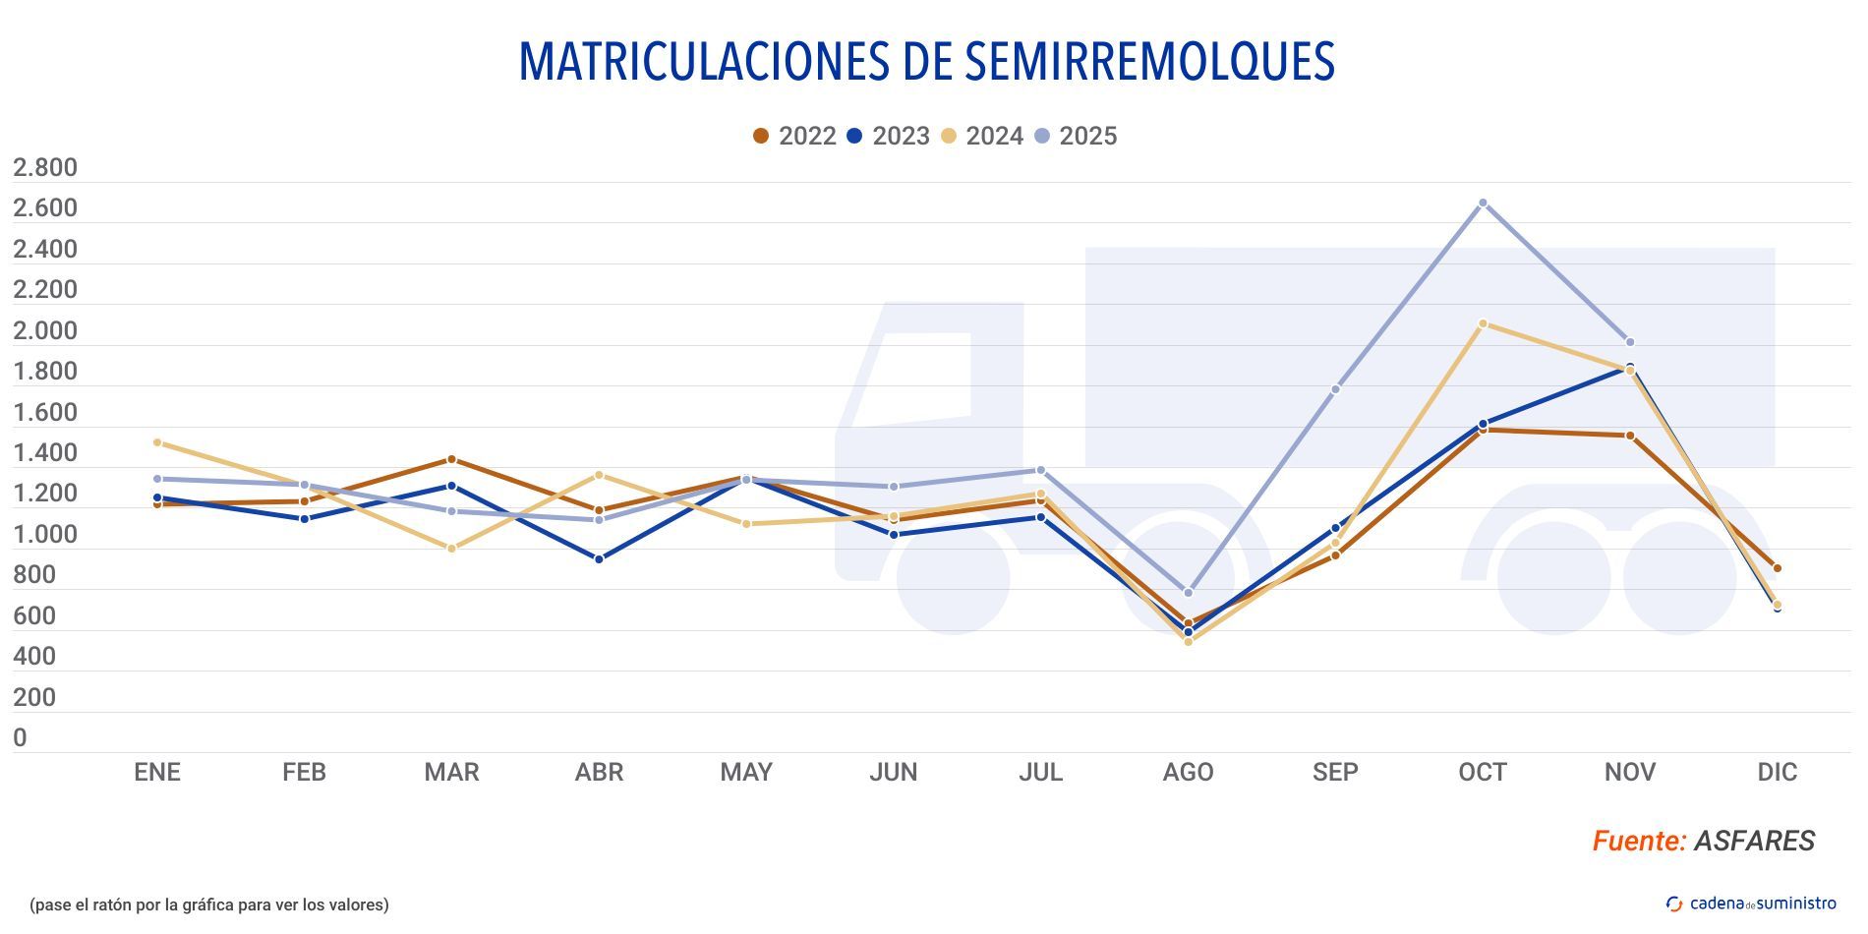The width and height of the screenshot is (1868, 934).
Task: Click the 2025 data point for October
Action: tap(1483, 203)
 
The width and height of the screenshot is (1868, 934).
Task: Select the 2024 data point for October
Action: tap(1483, 323)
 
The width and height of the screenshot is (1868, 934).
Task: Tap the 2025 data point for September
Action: tap(1335, 389)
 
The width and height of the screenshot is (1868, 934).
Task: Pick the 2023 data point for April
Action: tap(599, 559)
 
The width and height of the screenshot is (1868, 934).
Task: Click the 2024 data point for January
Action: tap(157, 442)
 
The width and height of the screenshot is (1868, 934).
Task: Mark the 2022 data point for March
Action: tap(451, 459)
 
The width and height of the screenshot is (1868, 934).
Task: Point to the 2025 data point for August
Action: tap(1188, 593)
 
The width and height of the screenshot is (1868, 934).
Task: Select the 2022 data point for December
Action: tap(1777, 568)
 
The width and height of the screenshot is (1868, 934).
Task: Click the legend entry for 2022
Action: tap(794, 136)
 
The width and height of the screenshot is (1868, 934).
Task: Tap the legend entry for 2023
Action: tap(888, 136)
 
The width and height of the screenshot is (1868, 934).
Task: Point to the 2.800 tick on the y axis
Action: tap(45, 168)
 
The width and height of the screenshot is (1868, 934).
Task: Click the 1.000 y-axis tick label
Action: tap(45, 535)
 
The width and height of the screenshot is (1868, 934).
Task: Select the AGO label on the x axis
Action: tap(1188, 773)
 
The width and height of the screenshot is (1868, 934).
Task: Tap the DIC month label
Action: tap(1777, 773)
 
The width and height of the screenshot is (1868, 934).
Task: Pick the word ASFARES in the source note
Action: tap(1754, 842)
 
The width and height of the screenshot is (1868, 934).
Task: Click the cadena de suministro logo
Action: tap(1751, 904)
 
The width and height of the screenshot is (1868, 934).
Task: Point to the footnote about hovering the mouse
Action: tap(209, 905)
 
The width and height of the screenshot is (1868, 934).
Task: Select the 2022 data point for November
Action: tap(1629, 436)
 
